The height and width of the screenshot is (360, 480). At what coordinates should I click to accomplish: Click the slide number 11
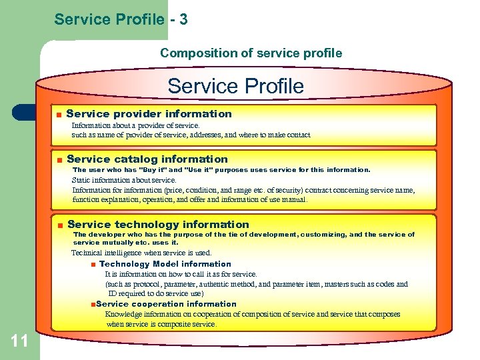pos(19,341)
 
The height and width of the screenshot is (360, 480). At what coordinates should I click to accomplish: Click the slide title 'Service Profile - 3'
pos(121,19)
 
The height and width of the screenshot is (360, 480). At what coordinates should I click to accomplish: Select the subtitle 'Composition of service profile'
pos(251,53)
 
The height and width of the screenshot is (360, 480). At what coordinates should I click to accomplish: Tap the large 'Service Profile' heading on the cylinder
pos(235,86)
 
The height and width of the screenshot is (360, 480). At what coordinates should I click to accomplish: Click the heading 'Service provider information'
pos(149,114)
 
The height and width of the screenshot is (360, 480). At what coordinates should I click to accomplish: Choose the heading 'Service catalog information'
pos(147,159)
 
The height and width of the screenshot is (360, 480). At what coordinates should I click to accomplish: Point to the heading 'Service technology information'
pos(158,225)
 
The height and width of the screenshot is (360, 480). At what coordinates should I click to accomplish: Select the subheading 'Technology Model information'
pos(165,264)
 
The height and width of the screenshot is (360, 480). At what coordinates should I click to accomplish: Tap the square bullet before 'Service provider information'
pos(59,115)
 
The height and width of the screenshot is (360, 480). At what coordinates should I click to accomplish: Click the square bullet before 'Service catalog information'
pos(59,159)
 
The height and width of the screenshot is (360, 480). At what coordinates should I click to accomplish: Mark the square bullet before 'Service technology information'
pos(59,225)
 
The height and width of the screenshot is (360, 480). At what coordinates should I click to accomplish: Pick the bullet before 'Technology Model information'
pos(93,265)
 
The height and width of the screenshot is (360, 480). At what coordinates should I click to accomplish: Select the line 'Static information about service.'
pos(124,180)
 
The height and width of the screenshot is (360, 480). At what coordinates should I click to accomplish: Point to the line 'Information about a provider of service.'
pos(135,125)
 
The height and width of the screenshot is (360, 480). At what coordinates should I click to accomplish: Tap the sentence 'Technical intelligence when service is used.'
pos(141,253)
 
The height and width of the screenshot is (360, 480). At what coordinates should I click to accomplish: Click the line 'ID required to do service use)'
pos(156,293)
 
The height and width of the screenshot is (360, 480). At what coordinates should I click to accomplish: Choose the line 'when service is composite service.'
pos(161,324)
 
